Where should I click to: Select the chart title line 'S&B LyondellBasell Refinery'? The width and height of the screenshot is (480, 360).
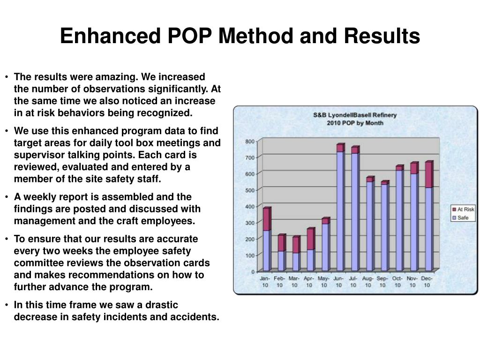pyautogui.click(x=355, y=115)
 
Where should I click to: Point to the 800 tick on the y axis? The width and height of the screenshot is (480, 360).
pyautogui.click(x=250, y=142)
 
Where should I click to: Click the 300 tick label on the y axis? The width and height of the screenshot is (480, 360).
pyautogui.click(x=250, y=223)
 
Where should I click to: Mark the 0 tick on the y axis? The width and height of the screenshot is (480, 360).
pyautogui.click(x=253, y=271)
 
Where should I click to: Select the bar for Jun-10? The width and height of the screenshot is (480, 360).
pyautogui.click(x=340, y=209)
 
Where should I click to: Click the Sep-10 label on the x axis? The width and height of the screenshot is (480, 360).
pyautogui.click(x=382, y=282)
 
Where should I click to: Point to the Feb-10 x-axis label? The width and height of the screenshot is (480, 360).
pyautogui.click(x=279, y=282)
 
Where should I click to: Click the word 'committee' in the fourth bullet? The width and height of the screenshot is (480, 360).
pyautogui.click(x=37, y=262)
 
